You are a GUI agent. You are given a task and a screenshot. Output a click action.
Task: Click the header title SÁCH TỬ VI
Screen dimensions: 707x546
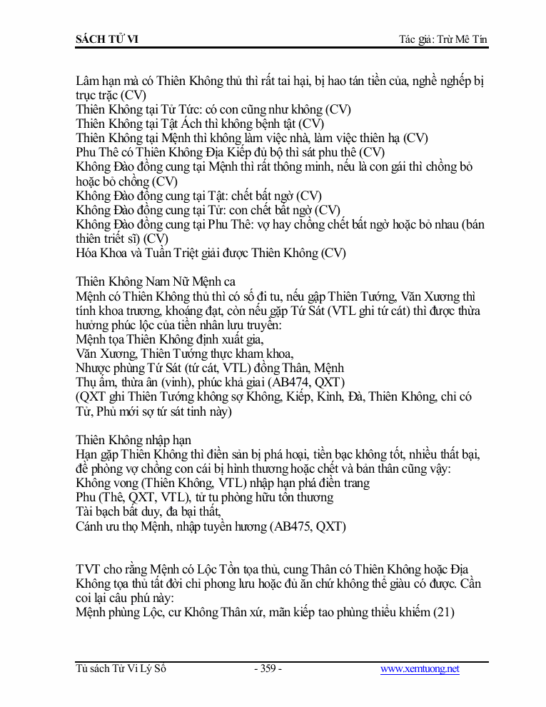[107, 39]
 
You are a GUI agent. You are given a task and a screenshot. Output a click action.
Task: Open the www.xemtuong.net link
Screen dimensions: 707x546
[420, 669]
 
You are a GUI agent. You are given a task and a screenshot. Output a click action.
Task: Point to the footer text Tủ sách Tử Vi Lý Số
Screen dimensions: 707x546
[121, 669]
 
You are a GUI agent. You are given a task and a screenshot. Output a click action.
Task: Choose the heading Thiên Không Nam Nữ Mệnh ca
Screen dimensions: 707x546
[156, 281]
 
